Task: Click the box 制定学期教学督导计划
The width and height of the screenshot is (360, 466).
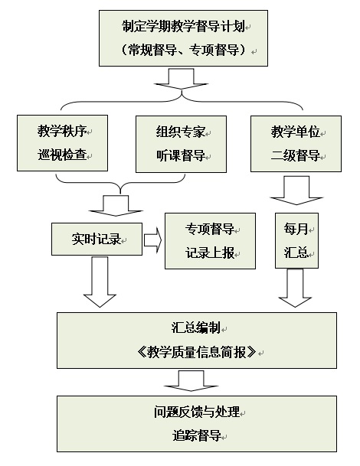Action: click(183, 38)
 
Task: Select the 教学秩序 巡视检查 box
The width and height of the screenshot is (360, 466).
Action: click(62, 143)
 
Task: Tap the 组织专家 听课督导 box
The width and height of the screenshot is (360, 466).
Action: click(181, 144)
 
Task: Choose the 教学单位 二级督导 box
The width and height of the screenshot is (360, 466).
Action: click(296, 144)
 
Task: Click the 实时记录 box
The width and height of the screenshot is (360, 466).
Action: click(97, 240)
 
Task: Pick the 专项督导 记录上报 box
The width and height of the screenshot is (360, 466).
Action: click(210, 241)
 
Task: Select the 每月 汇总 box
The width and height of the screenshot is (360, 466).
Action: click(296, 241)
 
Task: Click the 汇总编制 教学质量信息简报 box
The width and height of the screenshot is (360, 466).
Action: click(197, 341)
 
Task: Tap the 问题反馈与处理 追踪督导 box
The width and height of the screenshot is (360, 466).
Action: click(197, 424)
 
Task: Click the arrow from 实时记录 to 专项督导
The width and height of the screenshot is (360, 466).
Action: click(153, 240)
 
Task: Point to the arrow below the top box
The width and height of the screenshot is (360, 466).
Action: click(181, 79)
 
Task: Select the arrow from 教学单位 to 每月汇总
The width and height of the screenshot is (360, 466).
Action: click(296, 191)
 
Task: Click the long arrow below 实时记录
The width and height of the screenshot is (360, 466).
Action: click(100, 282)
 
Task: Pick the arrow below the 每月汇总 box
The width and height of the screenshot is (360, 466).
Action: click(295, 288)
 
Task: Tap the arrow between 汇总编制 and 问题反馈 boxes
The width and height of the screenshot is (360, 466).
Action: click(191, 381)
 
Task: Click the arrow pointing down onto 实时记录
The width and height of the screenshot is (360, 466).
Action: click(116, 206)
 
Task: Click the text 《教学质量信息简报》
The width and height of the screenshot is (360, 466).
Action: click(197, 352)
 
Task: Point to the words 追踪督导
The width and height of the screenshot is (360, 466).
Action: click(197, 435)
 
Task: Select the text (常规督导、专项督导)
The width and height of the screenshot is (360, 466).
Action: click(183, 50)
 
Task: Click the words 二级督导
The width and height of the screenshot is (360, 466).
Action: click(296, 155)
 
